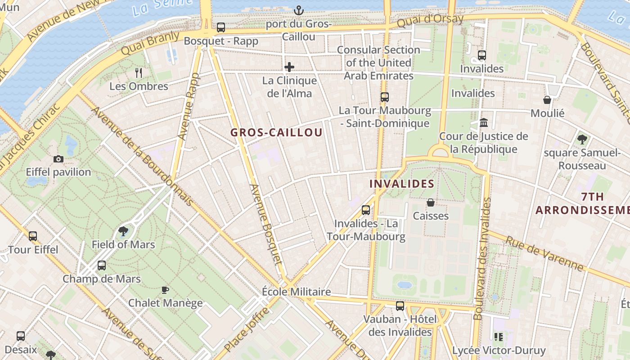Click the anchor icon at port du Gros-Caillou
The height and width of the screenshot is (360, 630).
[x=298, y=10]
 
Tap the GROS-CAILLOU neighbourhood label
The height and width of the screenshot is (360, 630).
[x=276, y=132]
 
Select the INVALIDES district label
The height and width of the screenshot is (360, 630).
[x=401, y=184]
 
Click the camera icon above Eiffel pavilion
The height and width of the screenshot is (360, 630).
[x=58, y=159]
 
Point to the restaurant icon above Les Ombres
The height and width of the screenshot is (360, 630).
[x=139, y=72]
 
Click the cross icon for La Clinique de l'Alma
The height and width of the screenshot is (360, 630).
[x=289, y=67]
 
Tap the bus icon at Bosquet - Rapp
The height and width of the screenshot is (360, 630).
[x=221, y=27]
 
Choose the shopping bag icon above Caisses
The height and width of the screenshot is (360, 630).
[x=431, y=202]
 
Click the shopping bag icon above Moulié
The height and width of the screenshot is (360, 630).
[x=547, y=99]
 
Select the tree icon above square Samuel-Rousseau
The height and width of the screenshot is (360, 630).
[x=582, y=139]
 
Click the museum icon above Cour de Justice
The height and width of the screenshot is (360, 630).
[x=484, y=122]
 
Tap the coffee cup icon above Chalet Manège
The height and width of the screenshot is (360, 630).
[x=165, y=290]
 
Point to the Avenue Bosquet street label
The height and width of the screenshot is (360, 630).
[x=265, y=224]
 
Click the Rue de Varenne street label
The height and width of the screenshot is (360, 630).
[x=544, y=253]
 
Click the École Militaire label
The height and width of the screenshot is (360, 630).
[x=296, y=292]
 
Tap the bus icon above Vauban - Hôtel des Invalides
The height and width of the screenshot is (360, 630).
[x=400, y=306]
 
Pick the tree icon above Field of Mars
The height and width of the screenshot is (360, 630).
[x=123, y=231]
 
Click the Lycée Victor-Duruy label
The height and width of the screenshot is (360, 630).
[x=499, y=350]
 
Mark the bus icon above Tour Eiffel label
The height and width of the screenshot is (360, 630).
[x=33, y=236]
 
